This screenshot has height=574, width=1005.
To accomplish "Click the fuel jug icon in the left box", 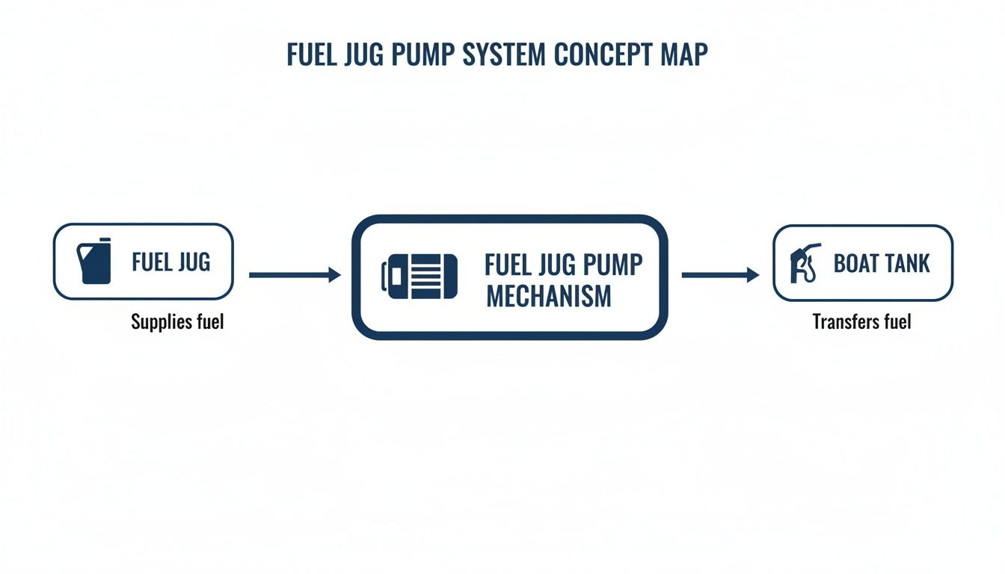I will coord(94,262).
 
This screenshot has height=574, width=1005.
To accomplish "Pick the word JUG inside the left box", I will coord(193,262).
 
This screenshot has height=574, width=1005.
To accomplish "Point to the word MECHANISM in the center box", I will coord(548,297).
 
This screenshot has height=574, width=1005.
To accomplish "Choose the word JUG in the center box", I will coord(553,265).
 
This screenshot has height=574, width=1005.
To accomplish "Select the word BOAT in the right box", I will coord(858,263).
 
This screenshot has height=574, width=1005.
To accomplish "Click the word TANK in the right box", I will coord(908,263).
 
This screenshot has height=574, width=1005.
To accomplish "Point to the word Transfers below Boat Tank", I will coord(845,323).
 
